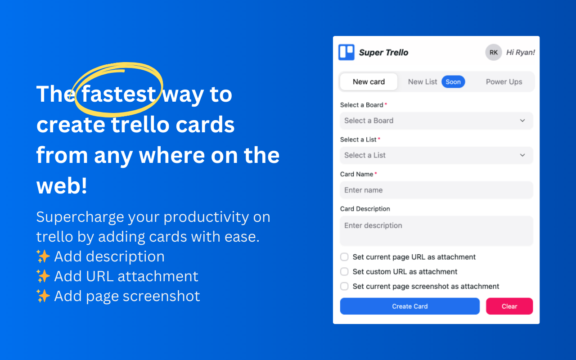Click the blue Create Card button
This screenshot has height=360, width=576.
point(409,306)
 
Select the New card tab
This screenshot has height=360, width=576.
point(369,82)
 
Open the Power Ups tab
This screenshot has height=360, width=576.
point(504,82)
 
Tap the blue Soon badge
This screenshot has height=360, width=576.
point(453,82)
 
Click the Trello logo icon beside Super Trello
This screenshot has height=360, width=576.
point(346,52)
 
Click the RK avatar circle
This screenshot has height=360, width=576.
point(493,52)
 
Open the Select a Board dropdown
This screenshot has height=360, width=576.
point(436,121)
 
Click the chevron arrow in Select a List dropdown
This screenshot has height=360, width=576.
point(522,155)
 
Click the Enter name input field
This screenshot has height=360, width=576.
point(436,190)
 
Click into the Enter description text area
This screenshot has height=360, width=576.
point(436,231)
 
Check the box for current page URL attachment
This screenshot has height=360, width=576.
point(344,257)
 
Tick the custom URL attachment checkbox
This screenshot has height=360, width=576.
point(344,272)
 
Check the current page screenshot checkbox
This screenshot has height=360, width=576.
point(344,286)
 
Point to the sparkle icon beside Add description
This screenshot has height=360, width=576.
point(43,256)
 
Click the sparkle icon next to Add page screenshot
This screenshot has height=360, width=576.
point(43,296)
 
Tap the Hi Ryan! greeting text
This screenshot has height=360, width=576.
point(520,52)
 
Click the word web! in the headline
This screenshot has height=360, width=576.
point(62,186)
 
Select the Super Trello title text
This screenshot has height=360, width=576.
point(383,52)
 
